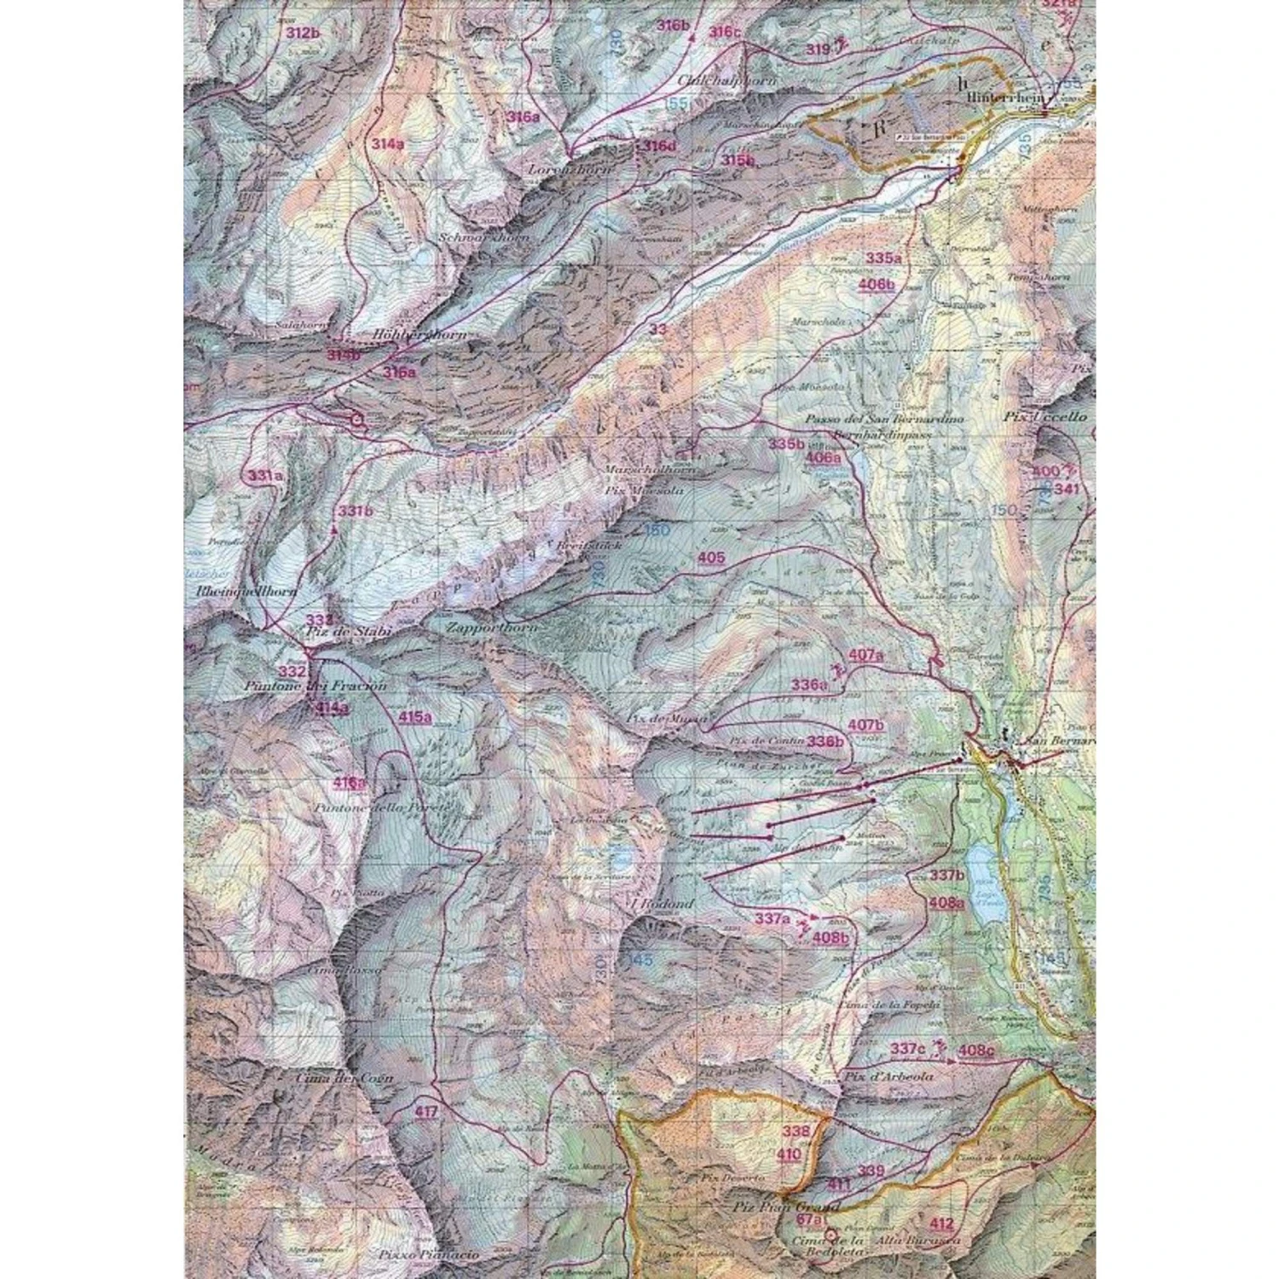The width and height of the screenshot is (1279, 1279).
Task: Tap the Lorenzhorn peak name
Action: click(x=570, y=170)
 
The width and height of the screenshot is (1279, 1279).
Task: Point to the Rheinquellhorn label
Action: click(x=246, y=590)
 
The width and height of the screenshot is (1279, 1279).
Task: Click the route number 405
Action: click(x=711, y=558)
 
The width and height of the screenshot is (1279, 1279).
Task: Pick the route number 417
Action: click(x=426, y=1112)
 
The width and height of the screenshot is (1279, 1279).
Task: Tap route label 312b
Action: click(x=303, y=33)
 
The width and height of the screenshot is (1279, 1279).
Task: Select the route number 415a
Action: click(x=414, y=717)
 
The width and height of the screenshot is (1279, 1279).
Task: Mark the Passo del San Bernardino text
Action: click(x=884, y=420)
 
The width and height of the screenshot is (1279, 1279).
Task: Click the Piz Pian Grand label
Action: click(x=785, y=1207)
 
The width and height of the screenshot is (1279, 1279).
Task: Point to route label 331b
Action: click(x=356, y=511)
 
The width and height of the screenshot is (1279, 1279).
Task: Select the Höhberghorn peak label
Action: click(x=420, y=335)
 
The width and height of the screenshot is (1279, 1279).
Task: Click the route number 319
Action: click(x=818, y=49)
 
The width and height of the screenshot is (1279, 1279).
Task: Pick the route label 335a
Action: click(x=883, y=258)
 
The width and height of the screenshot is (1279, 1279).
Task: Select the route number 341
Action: click(x=1067, y=489)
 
